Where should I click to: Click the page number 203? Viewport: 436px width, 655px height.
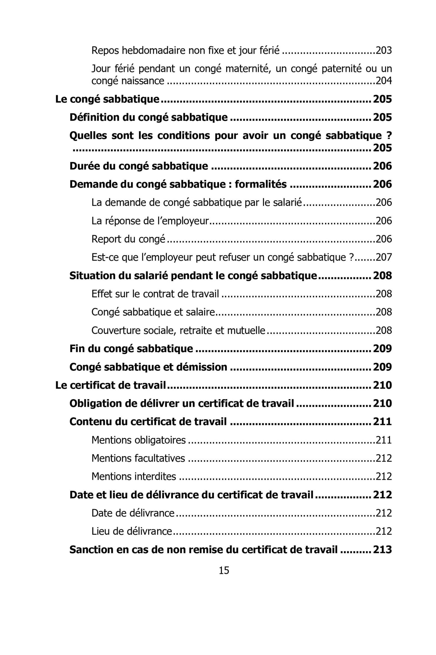pyautogui.click(x=384, y=50)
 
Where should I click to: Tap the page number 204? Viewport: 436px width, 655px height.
pyautogui.click(x=384, y=81)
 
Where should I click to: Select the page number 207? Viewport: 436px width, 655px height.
pyautogui.click(x=384, y=257)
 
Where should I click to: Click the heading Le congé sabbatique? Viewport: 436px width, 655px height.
pyautogui.click(x=107, y=99)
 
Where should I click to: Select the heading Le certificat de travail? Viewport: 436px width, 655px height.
pyautogui.click(x=111, y=385)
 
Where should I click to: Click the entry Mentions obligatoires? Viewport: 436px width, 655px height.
pyautogui.click(x=138, y=440)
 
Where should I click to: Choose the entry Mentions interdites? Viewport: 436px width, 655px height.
pyautogui.click(x=134, y=477)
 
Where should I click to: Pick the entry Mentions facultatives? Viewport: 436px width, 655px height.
pyautogui.click(x=138, y=458)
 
